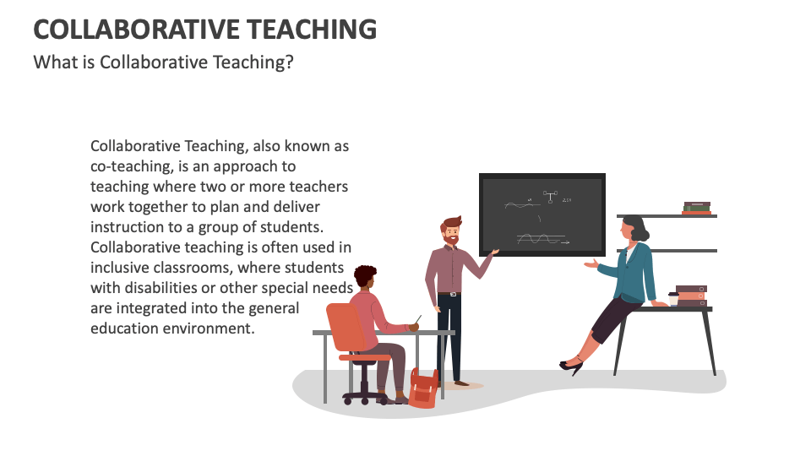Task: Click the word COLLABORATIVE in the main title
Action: coord(136,30)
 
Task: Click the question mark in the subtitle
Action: coord(289,62)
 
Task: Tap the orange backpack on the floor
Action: coord(423,388)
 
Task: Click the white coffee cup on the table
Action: coord(673,299)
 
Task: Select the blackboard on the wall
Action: coord(542,214)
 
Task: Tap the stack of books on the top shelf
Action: coord(697,208)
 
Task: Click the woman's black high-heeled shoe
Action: coord(572,366)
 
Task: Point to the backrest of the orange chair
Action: coord(346,327)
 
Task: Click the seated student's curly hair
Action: coord(365,274)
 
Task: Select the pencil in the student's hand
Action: coord(418,319)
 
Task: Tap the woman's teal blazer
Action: coord(632,273)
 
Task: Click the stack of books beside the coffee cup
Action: coord(691,296)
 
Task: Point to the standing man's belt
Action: coord(449,294)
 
